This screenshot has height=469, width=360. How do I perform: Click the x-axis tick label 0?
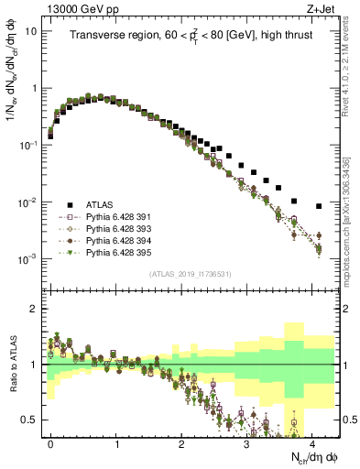(50, 442)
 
